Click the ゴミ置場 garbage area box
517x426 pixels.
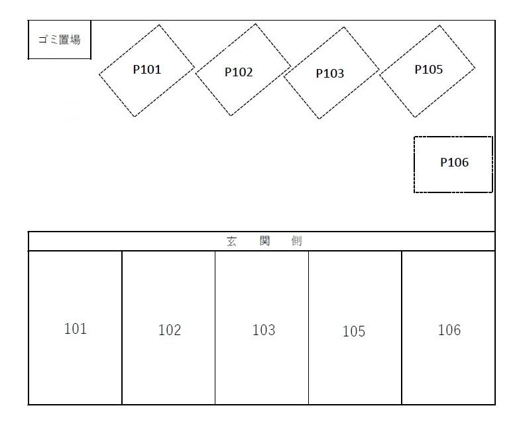click(59, 40)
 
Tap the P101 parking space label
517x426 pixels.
click(147, 69)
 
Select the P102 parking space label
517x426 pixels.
click(239, 72)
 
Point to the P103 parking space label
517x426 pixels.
click(329, 74)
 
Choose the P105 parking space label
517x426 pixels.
click(428, 69)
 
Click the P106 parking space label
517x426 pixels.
click(454, 163)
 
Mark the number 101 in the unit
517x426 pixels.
click(76, 328)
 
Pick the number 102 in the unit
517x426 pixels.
click(170, 330)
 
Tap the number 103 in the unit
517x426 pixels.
click(264, 330)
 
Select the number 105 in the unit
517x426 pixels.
click(354, 331)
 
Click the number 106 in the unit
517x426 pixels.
click(449, 330)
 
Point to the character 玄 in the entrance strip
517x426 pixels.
click(231, 242)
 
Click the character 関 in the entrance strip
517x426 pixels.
click(264, 242)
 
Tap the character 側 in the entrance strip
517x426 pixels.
click(296, 242)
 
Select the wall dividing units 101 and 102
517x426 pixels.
click(122, 328)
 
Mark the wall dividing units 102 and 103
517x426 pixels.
click(215, 328)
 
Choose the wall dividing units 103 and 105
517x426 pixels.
click(308, 328)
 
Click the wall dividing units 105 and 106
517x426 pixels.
click(402, 328)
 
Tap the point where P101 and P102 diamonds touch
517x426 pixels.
click(195, 68)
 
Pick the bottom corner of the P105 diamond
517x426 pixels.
click(416, 117)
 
